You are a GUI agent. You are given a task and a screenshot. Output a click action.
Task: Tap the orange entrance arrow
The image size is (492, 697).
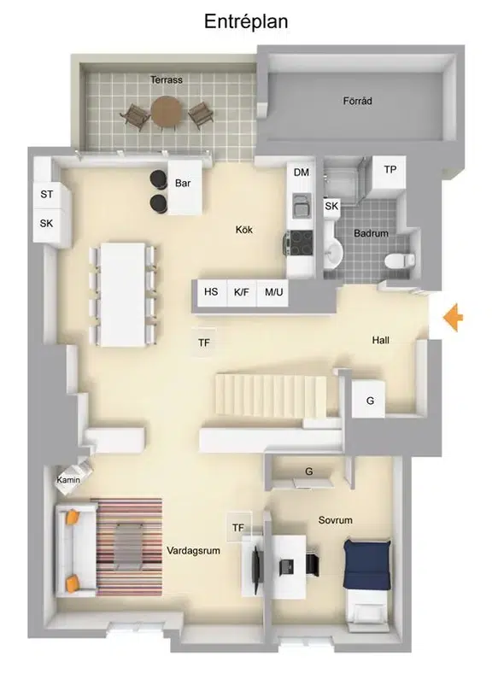[x=453, y=317]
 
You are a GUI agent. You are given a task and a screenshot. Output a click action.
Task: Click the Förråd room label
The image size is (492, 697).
[x=357, y=101]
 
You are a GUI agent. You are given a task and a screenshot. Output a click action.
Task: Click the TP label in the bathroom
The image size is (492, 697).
[x=389, y=169]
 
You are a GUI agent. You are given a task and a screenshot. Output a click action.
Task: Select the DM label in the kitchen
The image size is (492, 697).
[x=302, y=172]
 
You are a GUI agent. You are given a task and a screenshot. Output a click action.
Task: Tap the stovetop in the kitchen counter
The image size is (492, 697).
[x=301, y=243]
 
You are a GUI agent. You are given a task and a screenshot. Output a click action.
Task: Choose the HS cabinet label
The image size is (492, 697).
[x=211, y=291]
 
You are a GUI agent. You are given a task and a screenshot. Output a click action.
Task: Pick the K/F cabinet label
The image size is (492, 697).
[x=242, y=292]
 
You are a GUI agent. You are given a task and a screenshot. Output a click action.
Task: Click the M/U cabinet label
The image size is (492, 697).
[x=274, y=292]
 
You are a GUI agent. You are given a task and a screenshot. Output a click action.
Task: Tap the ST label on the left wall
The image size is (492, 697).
[x=47, y=194]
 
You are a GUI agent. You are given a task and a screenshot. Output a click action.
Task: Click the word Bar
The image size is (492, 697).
[x=183, y=183]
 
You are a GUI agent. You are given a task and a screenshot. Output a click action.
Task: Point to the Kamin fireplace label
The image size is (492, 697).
[x=68, y=480]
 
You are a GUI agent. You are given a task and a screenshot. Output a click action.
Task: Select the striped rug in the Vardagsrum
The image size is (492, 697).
[x=129, y=547]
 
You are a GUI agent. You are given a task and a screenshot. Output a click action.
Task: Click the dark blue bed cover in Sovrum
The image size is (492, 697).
[x=366, y=564]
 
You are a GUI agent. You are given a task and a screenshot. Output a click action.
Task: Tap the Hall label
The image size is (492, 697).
[x=380, y=340]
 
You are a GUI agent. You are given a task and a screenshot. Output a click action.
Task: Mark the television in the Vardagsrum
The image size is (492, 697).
[x=256, y=565]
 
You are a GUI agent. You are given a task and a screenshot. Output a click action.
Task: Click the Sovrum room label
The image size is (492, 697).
[x=335, y=520]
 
